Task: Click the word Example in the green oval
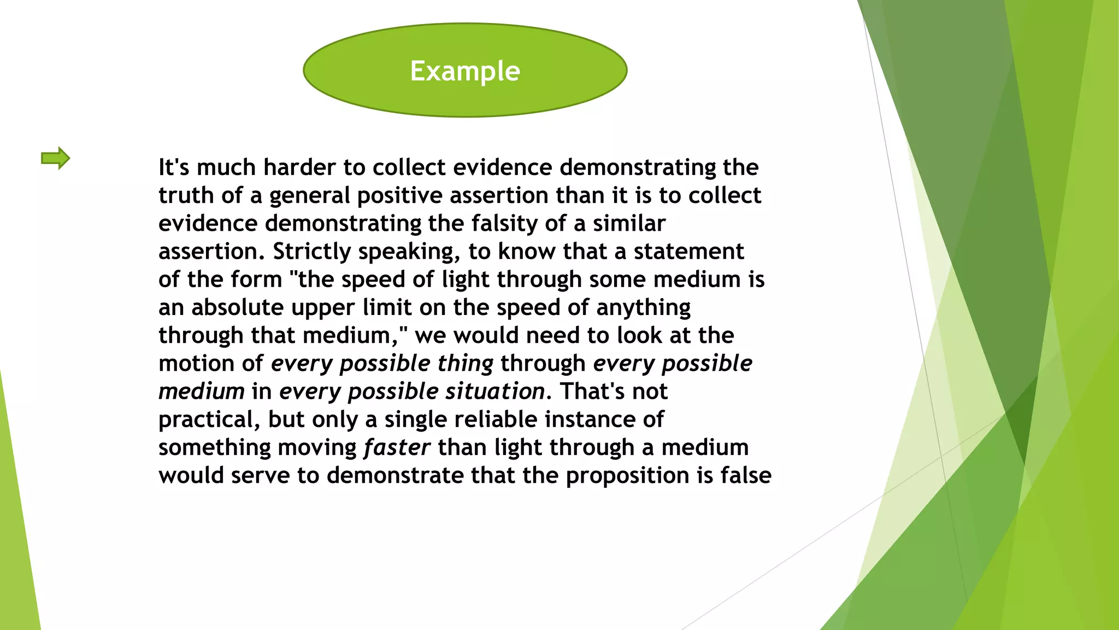point(465,71)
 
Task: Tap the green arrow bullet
point(55,159)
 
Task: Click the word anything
point(643,308)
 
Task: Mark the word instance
point(596,419)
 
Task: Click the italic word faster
point(397,447)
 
